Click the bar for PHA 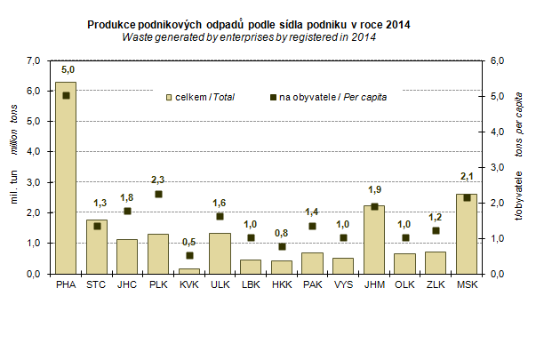pos(66,178)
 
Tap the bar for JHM pos(373,239)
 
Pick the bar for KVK pos(188,270)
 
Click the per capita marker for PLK pos(158,194)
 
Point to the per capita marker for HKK pos(281,246)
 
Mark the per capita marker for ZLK pos(436,231)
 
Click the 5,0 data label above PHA pos(68,69)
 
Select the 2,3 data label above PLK pos(157,180)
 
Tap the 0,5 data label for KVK pos(188,242)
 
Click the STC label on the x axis pos(96,285)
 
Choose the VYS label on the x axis pos(342,285)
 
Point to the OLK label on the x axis pos(404,285)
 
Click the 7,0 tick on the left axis pos(34,60)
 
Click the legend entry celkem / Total pos(201,96)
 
